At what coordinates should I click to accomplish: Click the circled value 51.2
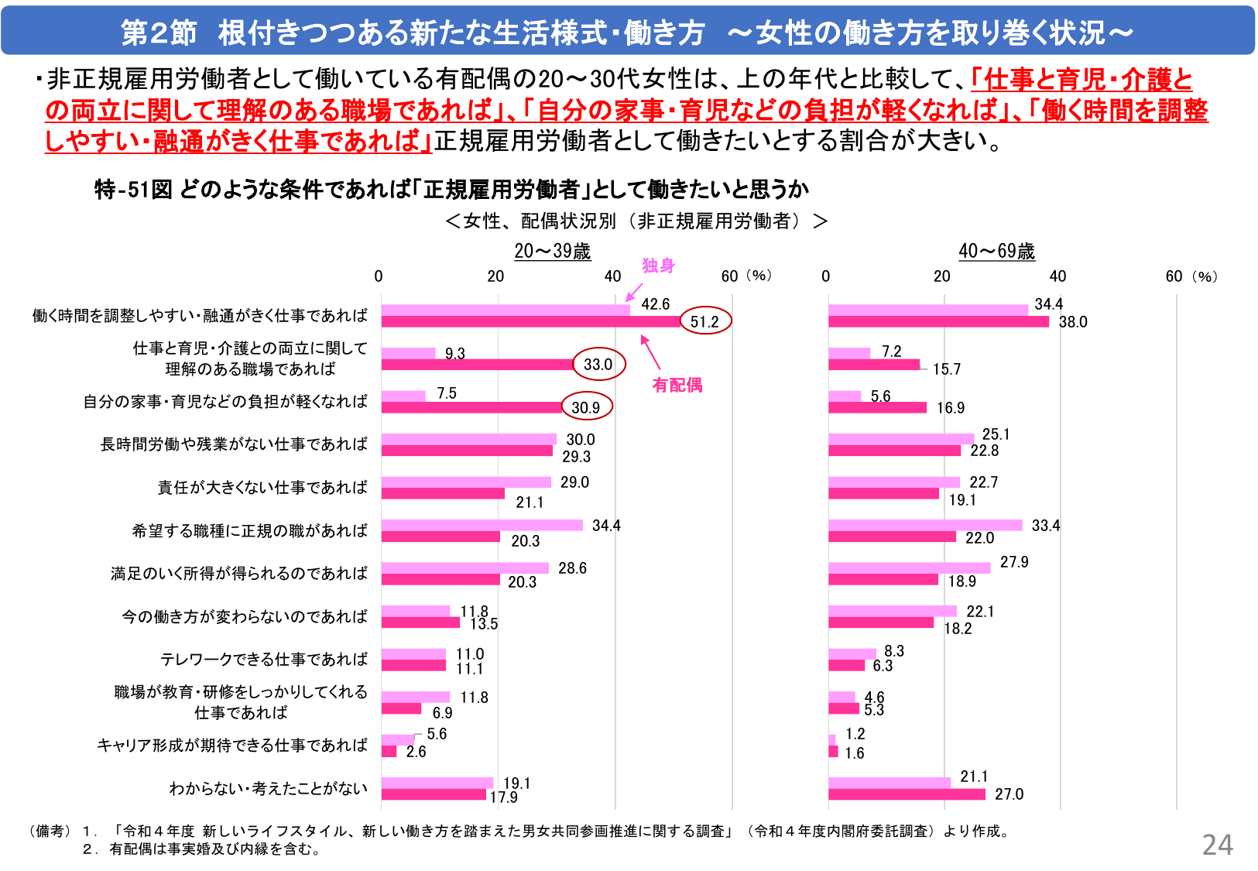704,321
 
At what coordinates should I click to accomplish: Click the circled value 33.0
598,364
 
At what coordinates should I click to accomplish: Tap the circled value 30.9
586,407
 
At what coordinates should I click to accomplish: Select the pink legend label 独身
658,266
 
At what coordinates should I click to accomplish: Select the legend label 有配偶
677,385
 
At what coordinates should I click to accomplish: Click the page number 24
1217,845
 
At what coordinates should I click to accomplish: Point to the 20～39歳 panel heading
552,251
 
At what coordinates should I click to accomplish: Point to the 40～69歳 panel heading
996,251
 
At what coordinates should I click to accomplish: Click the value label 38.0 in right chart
1073,322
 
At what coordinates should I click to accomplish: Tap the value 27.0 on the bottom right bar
1009,794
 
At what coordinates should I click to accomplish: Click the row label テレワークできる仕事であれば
263,659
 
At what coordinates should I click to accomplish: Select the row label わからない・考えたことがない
268,788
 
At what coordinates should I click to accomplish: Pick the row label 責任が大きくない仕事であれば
262,487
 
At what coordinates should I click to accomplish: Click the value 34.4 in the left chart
606,526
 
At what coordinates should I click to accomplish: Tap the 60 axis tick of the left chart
729,276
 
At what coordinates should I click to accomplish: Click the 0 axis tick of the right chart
826,276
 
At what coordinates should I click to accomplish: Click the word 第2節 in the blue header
159,33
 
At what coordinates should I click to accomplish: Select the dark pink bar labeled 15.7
874,365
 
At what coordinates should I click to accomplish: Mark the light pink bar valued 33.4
925,526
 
